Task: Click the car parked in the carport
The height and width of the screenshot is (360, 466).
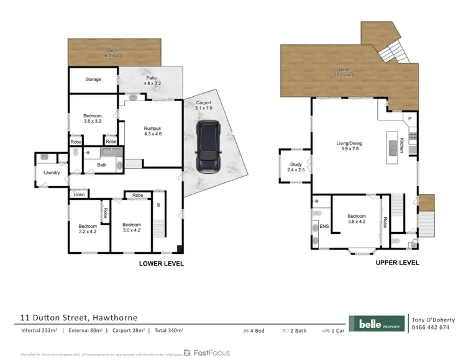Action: pyautogui.click(x=208, y=146)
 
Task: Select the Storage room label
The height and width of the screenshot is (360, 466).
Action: pyautogui.click(x=93, y=79)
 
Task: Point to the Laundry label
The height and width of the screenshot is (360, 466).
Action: pyautogui.click(x=52, y=173)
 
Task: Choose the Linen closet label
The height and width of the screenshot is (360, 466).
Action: pyautogui.click(x=79, y=195)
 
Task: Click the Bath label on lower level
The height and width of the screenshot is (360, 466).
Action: pyautogui.click(x=102, y=165)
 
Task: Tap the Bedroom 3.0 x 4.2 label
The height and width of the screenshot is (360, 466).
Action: pyautogui.click(x=132, y=227)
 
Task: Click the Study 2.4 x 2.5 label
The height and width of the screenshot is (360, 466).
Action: pyautogui.click(x=295, y=168)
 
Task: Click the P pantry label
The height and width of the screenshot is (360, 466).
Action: pyautogui.click(x=409, y=119)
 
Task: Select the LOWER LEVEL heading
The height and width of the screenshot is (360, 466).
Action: pyautogui.click(x=161, y=263)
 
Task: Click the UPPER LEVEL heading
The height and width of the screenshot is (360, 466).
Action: pyautogui.click(x=397, y=263)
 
